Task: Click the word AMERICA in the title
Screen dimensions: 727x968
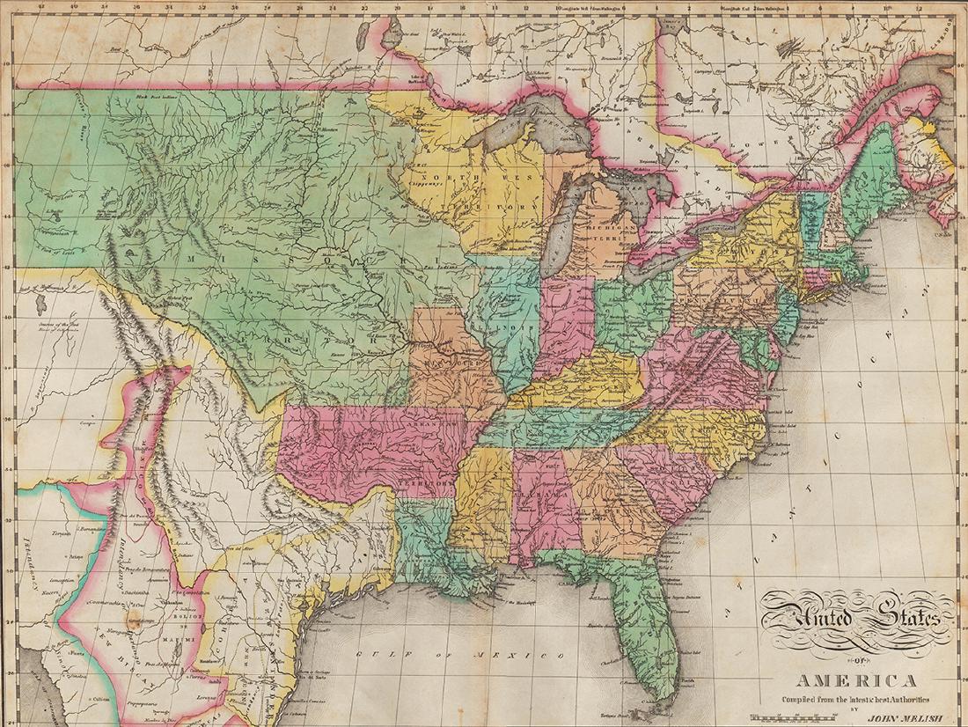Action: (x=857, y=680)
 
